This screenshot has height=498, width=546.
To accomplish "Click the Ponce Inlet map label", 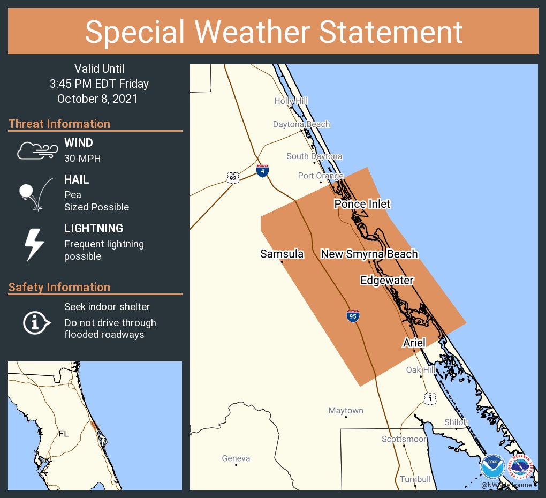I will [362, 204].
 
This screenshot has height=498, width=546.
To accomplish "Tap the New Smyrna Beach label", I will [369, 254].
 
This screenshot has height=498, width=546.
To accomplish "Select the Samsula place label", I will [282, 254].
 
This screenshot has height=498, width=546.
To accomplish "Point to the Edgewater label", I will [387, 280].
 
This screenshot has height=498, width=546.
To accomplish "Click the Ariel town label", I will [414, 343].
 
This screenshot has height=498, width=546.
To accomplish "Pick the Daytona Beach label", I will [301, 124].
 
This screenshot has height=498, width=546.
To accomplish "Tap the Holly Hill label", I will [291, 101].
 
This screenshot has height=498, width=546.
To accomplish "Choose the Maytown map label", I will [346, 411].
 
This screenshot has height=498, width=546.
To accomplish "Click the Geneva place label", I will [236, 458].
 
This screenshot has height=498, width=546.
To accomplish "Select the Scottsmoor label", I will [404, 439].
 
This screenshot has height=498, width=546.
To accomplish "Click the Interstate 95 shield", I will [352, 316].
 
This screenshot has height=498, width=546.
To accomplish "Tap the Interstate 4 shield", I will [262, 171].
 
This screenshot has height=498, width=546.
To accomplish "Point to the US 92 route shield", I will [232, 178].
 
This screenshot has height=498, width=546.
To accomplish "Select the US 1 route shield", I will [430, 398].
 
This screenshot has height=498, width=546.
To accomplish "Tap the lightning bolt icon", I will [34, 245].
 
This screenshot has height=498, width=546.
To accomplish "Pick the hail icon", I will [34, 193].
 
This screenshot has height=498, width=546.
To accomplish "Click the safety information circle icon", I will [35, 322].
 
